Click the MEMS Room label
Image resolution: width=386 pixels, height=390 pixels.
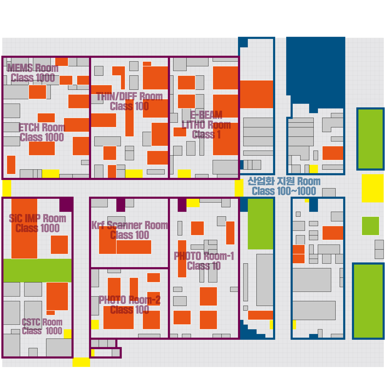32,68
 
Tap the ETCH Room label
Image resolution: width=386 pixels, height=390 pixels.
42,128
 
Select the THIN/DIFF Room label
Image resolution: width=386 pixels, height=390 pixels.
129,96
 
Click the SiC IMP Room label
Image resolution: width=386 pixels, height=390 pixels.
37,218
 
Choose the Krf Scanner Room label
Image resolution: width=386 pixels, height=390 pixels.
130,225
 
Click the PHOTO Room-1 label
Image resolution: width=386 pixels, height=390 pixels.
204,256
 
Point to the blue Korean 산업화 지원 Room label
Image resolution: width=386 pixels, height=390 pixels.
284,181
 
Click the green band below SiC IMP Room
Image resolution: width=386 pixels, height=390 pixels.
37,270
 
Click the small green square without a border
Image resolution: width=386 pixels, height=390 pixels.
371,226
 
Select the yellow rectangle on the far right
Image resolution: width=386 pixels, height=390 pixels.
372,188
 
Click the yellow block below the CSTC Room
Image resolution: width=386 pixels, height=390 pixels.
81,362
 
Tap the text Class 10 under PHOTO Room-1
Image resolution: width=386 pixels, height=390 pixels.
204,266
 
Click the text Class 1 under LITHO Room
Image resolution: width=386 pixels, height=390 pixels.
206,134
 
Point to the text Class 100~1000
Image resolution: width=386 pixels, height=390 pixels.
284,191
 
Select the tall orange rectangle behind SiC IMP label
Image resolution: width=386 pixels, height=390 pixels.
24,229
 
